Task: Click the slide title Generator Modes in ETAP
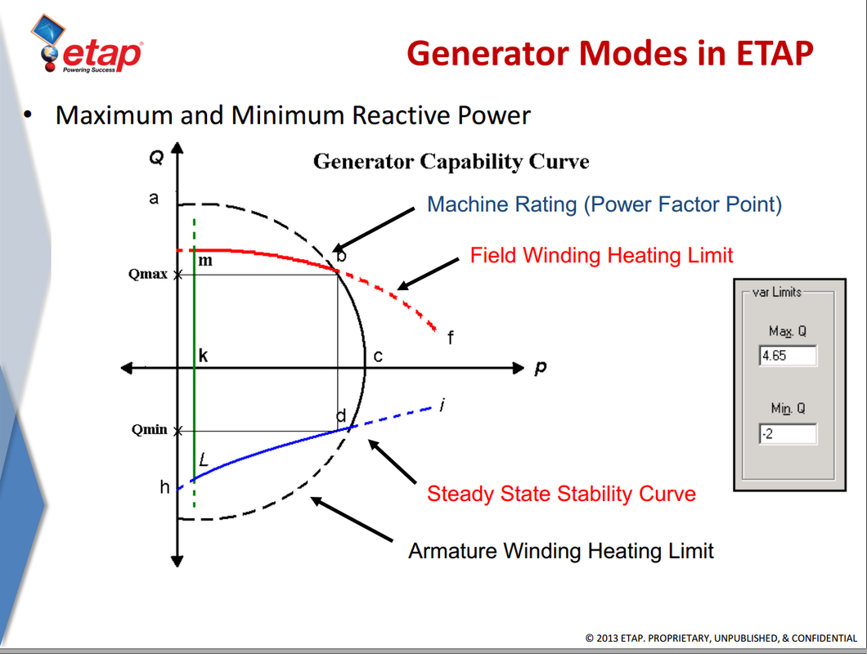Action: [x=609, y=53]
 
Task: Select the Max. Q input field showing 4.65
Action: [x=787, y=356]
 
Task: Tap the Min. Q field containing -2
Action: [x=787, y=433]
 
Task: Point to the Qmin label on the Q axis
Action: [x=149, y=430]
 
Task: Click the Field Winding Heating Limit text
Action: [x=601, y=255]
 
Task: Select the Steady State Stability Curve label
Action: [x=561, y=494]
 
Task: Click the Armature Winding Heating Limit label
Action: [x=561, y=551]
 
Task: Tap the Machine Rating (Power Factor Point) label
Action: [x=604, y=204]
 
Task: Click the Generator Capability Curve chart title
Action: [x=451, y=161]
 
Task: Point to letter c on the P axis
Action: [x=378, y=356]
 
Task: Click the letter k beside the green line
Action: [x=204, y=356]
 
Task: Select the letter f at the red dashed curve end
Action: [x=450, y=337]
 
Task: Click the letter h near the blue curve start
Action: [x=164, y=487]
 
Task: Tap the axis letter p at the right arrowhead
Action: [x=541, y=368]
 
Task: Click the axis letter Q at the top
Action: [x=155, y=158]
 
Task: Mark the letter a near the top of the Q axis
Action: [x=153, y=198]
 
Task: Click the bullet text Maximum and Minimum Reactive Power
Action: [x=293, y=115]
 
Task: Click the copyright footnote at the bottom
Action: [x=721, y=638]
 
